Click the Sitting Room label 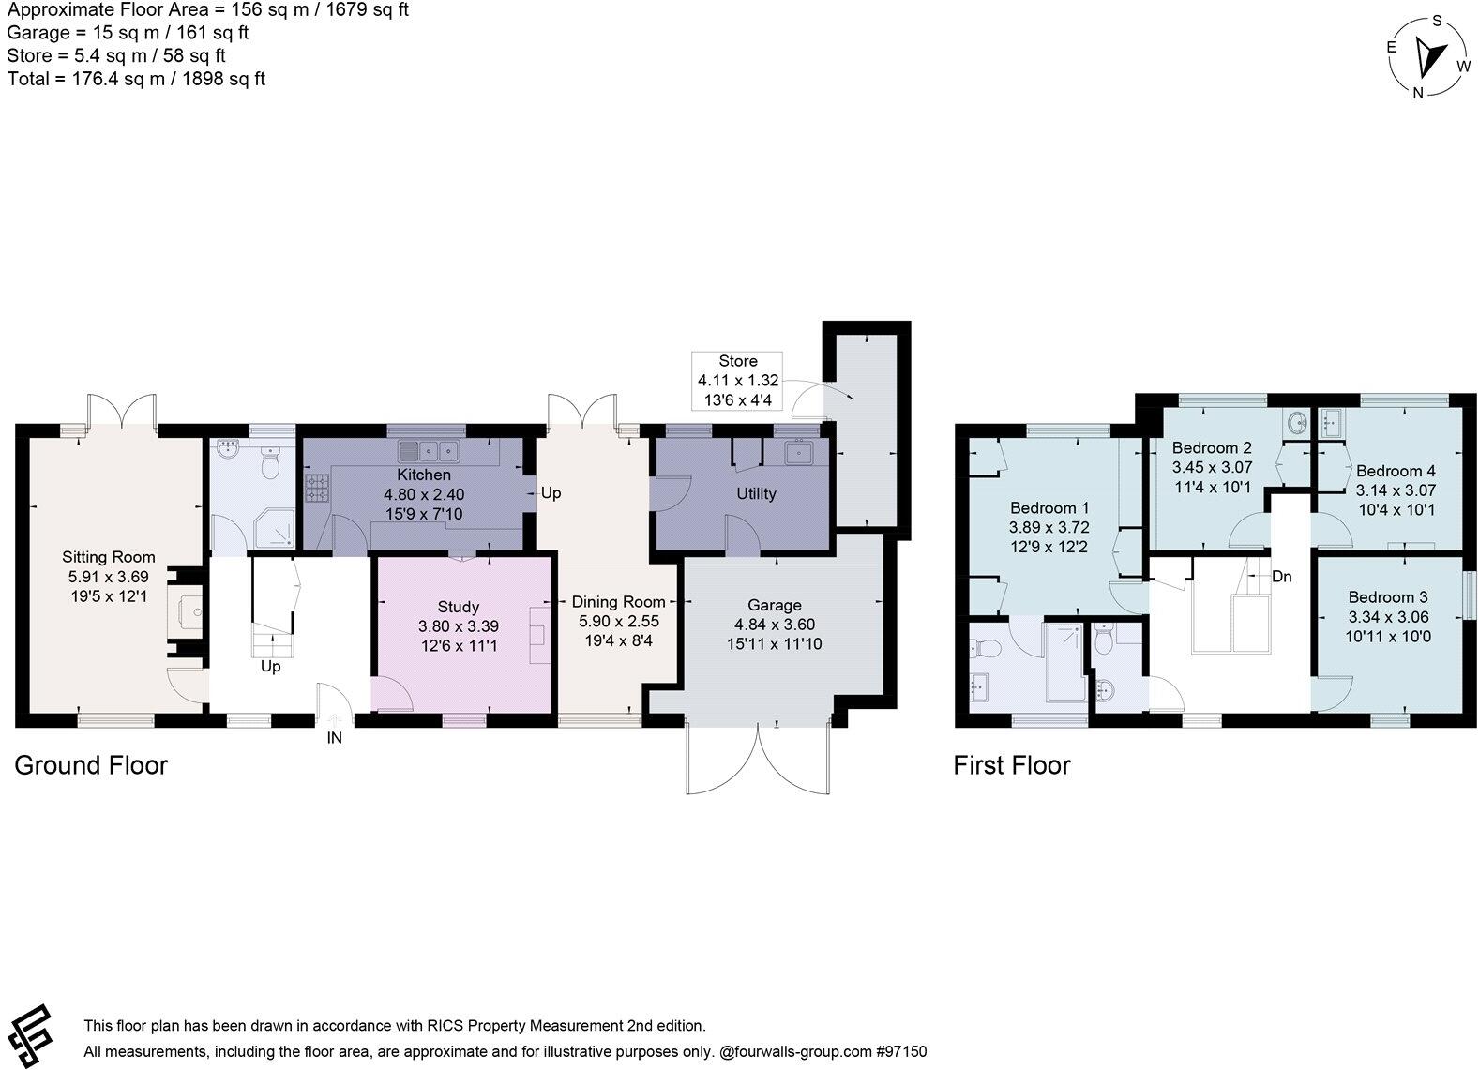pyautogui.click(x=109, y=557)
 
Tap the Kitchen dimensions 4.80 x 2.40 pyautogui.click(x=424, y=494)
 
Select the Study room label pyautogui.click(x=459, y=608)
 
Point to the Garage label pyautogui.click(x=774, y=606)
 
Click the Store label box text pyautogui.click(x=738, y=361)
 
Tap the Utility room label pyautogui.click(x=756, y=494)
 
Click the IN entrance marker pyautogui.click(x=334, y=738)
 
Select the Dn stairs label pyautogui.click(x=1282, y=577)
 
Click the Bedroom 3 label pyautogui.click(x=1388, y=597)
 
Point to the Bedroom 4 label pyautogui.click(x=1396, y=471)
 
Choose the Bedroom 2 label pyautogui.click(x=1212, y=448)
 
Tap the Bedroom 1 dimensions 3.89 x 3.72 pyautogui.click(x=1049, y=528)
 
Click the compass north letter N pyautogui.click(x=1418, y=91)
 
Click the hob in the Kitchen pyautogui.click(x=316, y=486)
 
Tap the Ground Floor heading pyautogui.click(x=91, y=765)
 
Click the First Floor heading pyautogui.click(x=1011, y=765)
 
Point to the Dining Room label pyautogui.click(x=618, y=602)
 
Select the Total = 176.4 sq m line pyautogui.click(x=136, y=79)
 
